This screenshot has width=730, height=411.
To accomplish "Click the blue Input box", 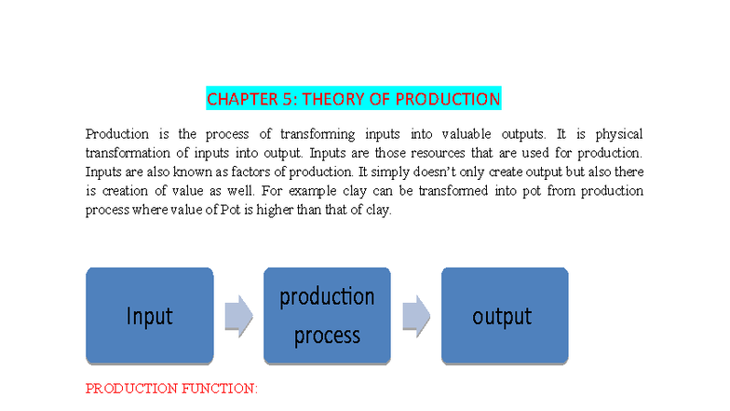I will (x=149, y=316).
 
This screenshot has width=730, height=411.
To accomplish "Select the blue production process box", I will (x=327, y=316).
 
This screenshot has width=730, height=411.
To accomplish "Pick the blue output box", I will (x=504, y=316).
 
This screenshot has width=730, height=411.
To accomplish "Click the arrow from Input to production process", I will (x=238, y=316).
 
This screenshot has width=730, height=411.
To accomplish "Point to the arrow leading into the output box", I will (x=415, y=316).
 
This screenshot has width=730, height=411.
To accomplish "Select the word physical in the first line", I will (x=617, y=134).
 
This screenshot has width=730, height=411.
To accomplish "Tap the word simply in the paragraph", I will (x=351, y=172).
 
